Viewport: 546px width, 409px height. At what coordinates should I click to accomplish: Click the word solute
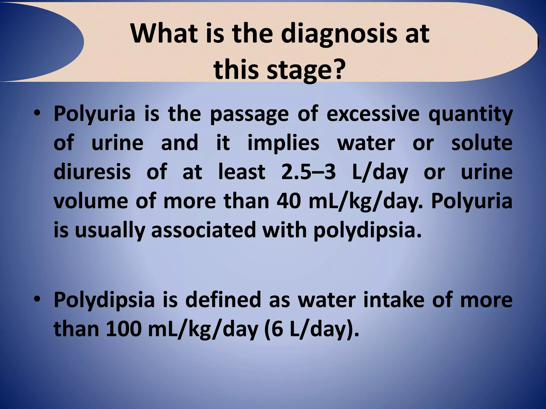(482, 143)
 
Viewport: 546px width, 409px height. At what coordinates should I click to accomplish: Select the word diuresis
(92, 172)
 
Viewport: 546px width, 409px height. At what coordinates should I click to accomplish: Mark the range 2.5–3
(308, 172)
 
